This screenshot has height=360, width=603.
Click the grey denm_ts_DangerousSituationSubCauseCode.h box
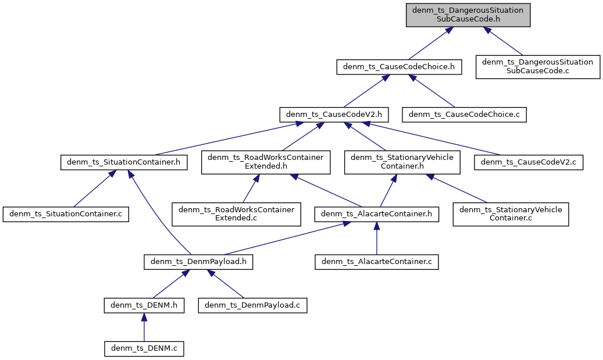(x=468, y=15)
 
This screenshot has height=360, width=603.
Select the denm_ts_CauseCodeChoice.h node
(x=399, y=67)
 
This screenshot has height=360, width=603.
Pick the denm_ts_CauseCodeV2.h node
(x=334, y=114)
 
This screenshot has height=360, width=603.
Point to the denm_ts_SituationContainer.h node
(x=124, y=162)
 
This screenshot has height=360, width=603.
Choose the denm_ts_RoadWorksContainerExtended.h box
(x=266, y=162)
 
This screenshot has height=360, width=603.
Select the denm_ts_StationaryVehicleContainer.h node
(x=402, y=162)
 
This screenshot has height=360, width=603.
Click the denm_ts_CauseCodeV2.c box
(x=529, y=162)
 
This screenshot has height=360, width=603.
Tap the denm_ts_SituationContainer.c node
(x=66, y=214)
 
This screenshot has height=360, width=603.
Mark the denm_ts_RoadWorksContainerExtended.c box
(x=236, y=214)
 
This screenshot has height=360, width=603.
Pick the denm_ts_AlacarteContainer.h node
(x=376, y=214)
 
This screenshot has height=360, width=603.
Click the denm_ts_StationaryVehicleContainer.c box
(x=511, y=214)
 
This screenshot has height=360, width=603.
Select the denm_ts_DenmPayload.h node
(x=198, y=262)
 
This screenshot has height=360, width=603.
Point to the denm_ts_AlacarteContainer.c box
(x=376, y=262)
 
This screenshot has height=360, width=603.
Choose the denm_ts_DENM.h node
(x=144, y=305)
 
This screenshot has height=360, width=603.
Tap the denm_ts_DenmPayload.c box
(x=252, y=305)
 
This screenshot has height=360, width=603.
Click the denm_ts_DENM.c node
(x=144, y=348)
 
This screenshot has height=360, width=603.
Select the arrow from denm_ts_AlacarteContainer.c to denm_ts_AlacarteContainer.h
(x=376, y=238)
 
